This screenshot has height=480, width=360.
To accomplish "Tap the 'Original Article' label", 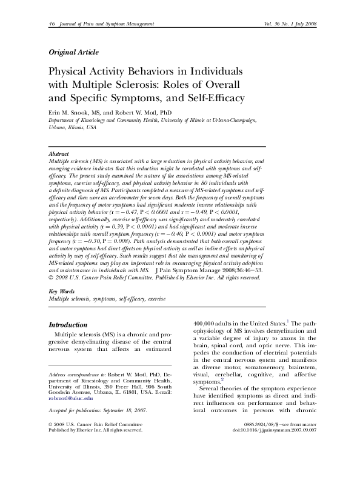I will click(x=73, y=52).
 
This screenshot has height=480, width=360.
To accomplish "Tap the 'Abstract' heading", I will click(x=58, y=155).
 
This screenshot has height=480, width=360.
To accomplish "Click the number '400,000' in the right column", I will click(x=207, y=324).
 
